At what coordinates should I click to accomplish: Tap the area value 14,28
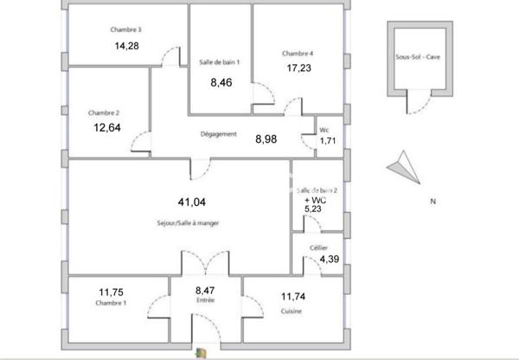click(126, 46)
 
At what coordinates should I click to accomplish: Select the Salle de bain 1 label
click(221, 62)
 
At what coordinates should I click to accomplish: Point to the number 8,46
click(222, 84)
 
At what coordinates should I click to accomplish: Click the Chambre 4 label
click(298, 54)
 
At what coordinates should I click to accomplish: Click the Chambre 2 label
click(104, 112)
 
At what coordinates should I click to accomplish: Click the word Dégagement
click(218, 134)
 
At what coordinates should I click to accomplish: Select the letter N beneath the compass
click(432, 202)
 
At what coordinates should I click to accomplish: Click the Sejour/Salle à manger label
click(189, 223)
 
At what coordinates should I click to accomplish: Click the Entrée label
click(205, 300)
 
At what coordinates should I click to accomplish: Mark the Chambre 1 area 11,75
click(112, 292)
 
